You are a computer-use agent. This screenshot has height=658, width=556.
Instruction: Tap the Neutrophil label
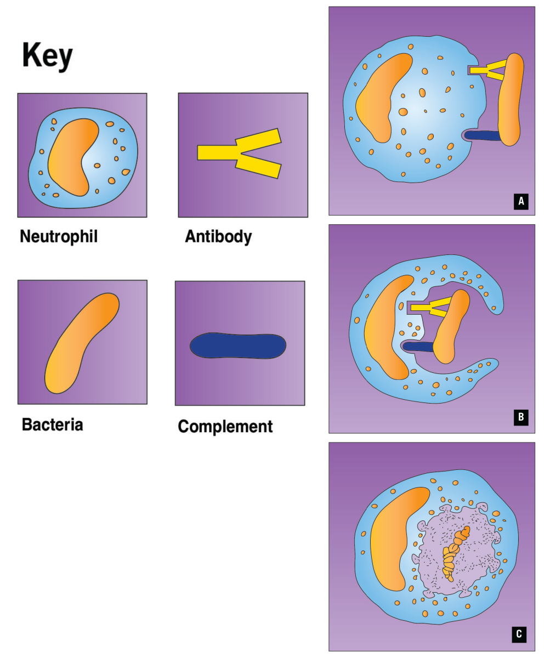click(x=59, y=237)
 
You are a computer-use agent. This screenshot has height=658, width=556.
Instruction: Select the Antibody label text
click(x=218, y=237)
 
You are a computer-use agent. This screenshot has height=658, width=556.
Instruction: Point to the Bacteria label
click(x=53, y=424)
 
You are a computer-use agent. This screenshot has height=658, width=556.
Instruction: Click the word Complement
click(x=225, y=427)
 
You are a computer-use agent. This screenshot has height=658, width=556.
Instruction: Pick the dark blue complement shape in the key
click(x=238, y=345)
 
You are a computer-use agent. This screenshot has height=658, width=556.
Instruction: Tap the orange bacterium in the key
click(x=82, y=343)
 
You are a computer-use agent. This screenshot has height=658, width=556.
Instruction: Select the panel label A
click(x=521, y=202)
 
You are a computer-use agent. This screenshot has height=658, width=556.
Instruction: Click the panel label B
click(x=521, y=418)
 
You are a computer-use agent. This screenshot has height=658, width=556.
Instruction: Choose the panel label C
click(x=519, y=635)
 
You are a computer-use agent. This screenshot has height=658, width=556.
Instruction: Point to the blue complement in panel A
click(x=483, y=134)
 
